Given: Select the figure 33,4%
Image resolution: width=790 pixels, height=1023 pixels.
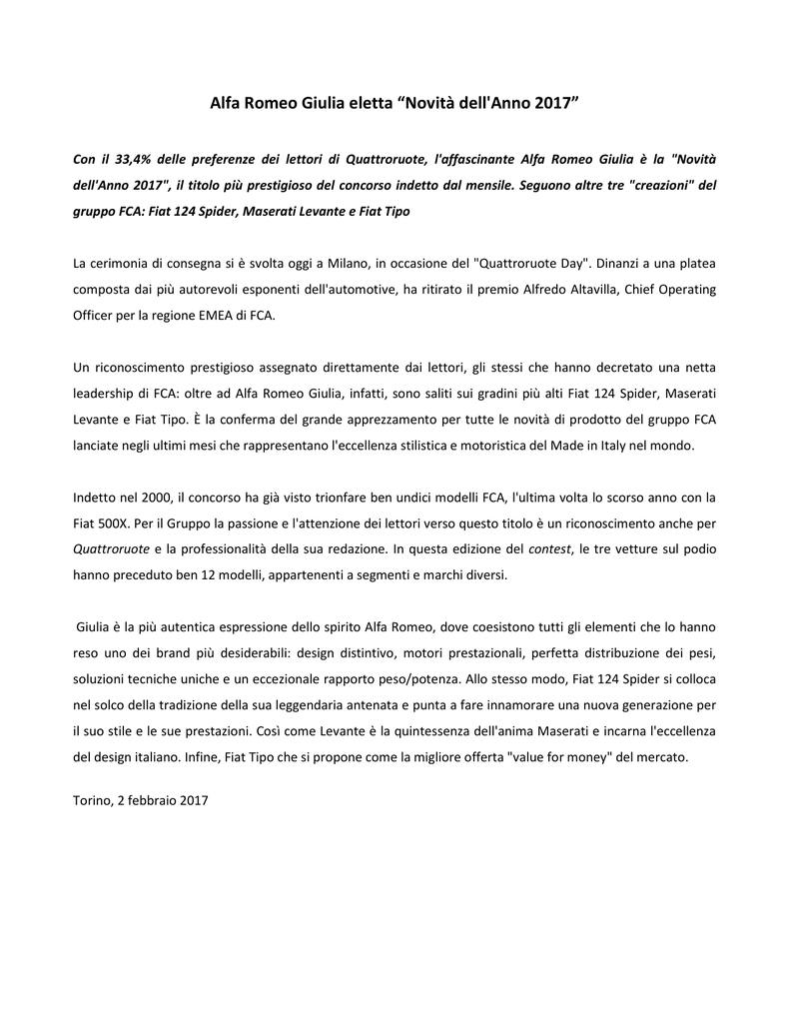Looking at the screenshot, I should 135,160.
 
